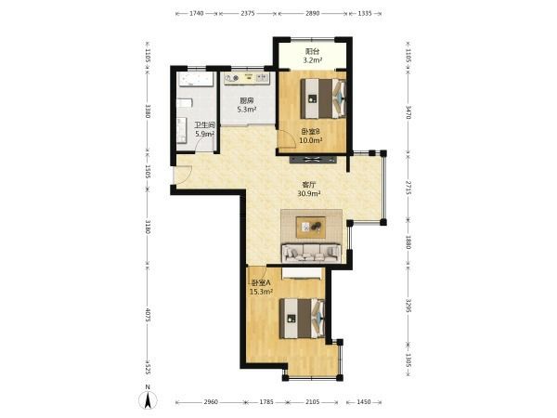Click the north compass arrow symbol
148,399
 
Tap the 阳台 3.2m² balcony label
312,56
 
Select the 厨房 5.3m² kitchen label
247,105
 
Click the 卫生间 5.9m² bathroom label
204,130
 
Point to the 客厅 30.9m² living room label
309,189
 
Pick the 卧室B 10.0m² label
311,136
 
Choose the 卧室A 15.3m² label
261,288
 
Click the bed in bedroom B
323,98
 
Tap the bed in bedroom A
302,319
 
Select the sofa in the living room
311,253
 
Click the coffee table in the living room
311,228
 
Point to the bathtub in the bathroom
196,80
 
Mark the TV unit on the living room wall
313,160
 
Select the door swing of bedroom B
287,138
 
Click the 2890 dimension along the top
313,14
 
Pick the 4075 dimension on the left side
148,315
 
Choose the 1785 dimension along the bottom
266,402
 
